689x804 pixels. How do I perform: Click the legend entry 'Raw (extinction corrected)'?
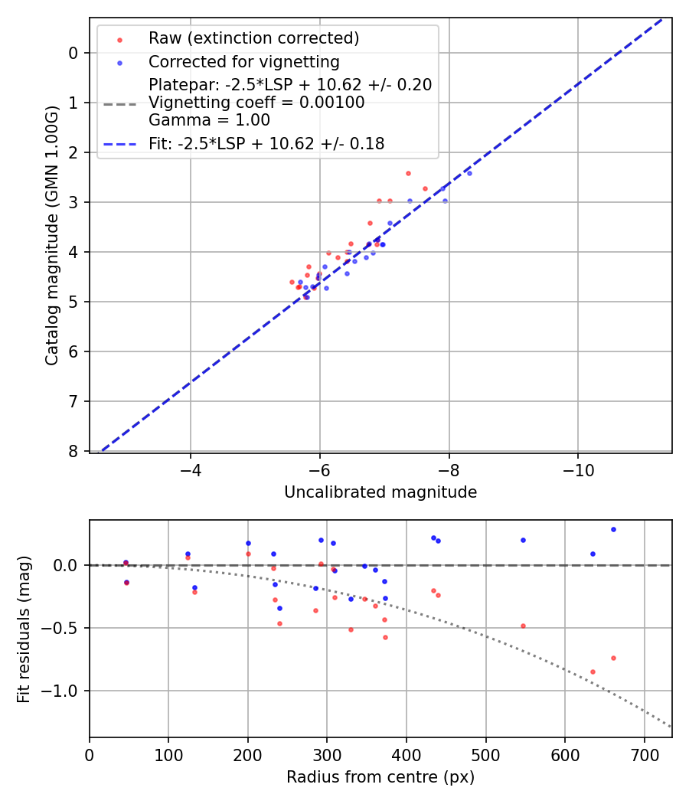tap(253, 38)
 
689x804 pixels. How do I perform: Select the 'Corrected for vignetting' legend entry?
tap(243, 61)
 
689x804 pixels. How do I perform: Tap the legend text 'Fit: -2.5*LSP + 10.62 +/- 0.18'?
tap(266, 143)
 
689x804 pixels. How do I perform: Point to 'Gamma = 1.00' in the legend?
tap(209, 119)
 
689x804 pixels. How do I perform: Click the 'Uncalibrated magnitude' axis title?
tap(380, 492)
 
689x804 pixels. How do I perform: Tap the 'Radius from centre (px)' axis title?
tap(380, 777)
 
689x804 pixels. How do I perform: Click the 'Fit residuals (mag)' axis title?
tap(24, 629)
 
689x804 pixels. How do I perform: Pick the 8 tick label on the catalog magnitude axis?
tap(73, 451)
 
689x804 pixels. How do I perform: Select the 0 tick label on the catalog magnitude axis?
tap(73, 53)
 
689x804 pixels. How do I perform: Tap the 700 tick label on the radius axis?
tap(644, 755)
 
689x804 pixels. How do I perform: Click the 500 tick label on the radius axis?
tap(485, 755)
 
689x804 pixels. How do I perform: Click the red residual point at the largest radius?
tap(613, 658)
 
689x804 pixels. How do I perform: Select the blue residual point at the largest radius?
tap(613, 529)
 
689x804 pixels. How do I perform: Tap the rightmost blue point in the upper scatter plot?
tap(469, 173)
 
